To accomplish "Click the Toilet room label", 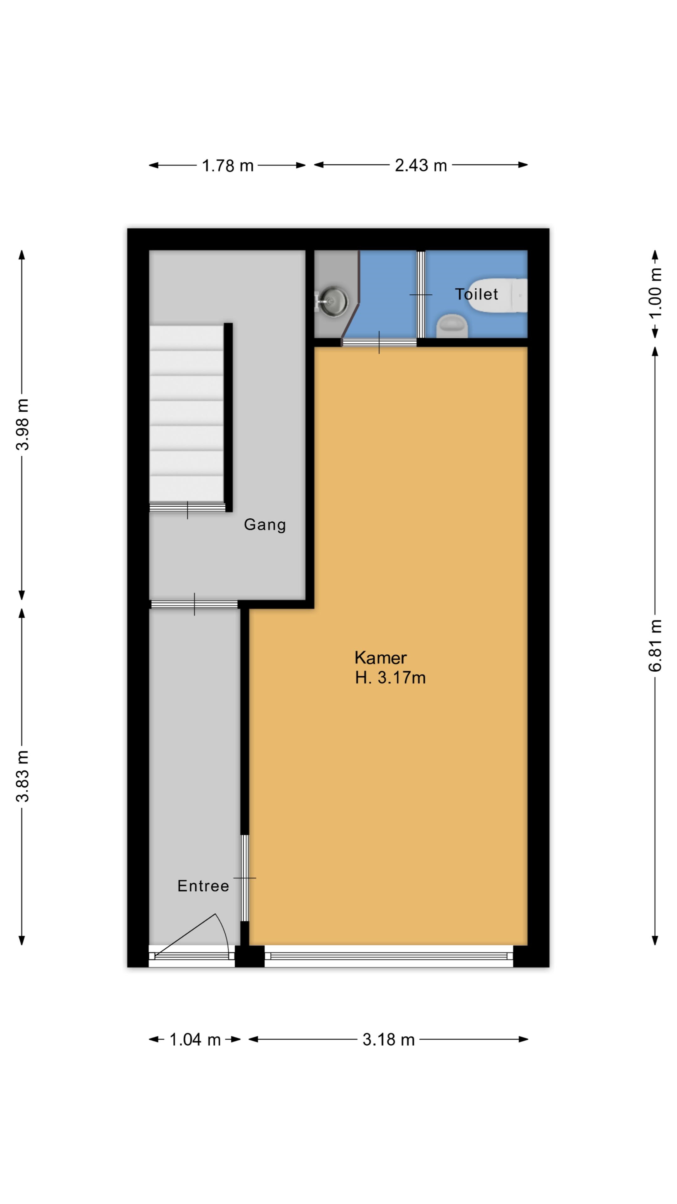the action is [x=476, y=294].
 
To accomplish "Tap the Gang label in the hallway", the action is [x=265, y=525].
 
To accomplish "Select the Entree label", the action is [x=203, y=886].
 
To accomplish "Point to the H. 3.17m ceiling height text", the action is [x=390, y=678].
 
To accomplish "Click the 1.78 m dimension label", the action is [x=228, y=166].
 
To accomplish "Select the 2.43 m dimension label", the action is [x=421, y=166].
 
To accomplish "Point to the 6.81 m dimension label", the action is [x=655, y=646].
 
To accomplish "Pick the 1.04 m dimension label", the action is [x=195, y=1040].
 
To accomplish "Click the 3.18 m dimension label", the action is [x=389, y=1040].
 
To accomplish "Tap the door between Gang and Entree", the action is [x=194, y=604].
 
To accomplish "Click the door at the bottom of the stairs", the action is [x=187, y=508].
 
